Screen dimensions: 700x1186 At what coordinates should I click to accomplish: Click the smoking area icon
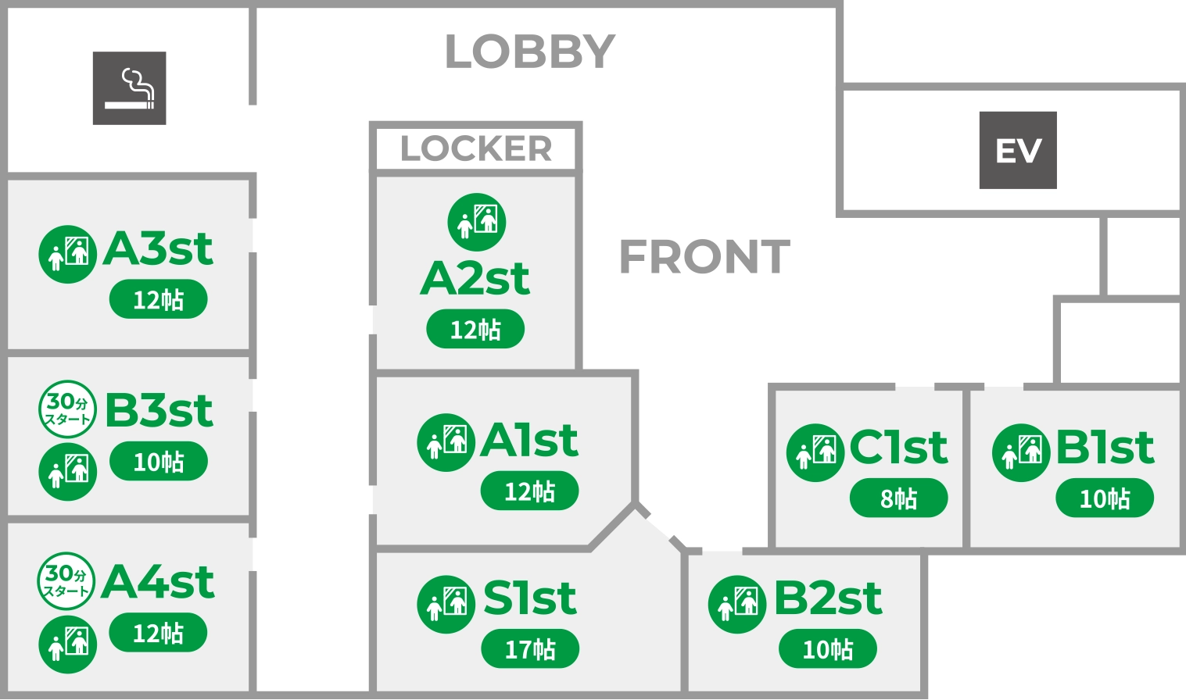coord(129,88)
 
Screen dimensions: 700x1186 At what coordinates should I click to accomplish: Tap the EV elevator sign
coord(1018,150)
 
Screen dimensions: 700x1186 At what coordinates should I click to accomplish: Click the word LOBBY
coord(530,52)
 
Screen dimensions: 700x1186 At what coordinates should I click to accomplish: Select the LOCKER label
coord(476,148)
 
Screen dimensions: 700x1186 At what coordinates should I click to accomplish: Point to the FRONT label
coord(704,257)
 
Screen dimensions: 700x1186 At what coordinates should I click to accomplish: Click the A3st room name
coord(158,249)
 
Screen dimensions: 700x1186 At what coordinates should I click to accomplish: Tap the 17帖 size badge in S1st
coord(530,649)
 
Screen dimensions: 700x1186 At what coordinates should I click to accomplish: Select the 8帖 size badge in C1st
coord(898,498)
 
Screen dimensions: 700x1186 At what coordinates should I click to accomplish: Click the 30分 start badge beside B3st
coord(67,409)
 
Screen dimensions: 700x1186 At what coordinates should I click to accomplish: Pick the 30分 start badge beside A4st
coord(66,581)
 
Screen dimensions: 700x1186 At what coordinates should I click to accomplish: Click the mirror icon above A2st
coord(477,222)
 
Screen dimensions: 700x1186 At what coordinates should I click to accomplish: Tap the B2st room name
coord(828,598)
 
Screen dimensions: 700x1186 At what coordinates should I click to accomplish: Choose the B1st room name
coord(1105,448)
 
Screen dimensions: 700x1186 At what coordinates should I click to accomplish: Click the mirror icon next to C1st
coord(815,452)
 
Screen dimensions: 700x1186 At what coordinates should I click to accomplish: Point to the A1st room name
coord(529,440)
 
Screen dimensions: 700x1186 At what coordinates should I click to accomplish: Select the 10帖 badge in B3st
coord(159,462)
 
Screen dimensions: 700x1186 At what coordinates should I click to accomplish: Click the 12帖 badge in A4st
coord(158,633)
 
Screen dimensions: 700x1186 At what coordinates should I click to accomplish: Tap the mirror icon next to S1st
coord(446,604)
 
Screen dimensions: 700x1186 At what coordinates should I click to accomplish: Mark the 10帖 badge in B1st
coord(1105,498)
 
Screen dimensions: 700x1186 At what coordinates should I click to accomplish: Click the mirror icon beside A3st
coord(68,254)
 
